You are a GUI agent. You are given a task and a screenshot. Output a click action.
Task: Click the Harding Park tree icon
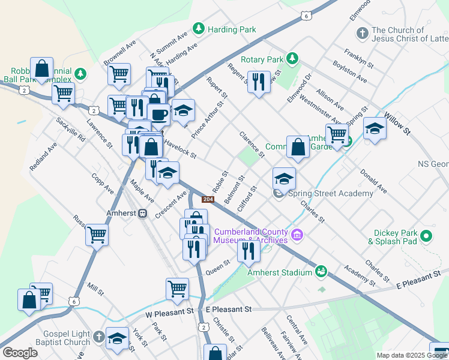tap(199, 29)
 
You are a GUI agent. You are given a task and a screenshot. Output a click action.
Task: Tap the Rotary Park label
tap(262, 59)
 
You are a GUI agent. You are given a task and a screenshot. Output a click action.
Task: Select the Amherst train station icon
tap(143, 213)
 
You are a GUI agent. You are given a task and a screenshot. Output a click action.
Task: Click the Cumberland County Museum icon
tap(298, 234)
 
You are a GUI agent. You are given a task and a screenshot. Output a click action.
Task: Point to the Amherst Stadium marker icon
tap(322, 272)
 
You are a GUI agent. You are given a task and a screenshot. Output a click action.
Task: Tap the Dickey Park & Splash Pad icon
tap(426, 236)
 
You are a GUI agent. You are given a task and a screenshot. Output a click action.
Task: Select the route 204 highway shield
tap(208, 199)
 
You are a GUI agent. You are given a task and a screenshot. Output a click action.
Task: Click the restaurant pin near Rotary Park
tap(259, 82)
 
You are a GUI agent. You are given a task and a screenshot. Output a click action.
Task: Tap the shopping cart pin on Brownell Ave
tap(119, 74)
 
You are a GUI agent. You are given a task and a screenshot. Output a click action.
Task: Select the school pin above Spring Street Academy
tap(284, 178)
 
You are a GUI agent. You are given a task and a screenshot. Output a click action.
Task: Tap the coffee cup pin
tap(158, 113)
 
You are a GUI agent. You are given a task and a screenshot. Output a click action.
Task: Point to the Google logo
tap(20, 353)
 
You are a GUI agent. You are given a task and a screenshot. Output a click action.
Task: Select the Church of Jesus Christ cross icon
tap(362, 33)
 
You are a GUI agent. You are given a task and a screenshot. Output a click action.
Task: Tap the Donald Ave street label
tap(373, 181)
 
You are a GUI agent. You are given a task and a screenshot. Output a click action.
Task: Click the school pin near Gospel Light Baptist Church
tap(118, 338)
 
